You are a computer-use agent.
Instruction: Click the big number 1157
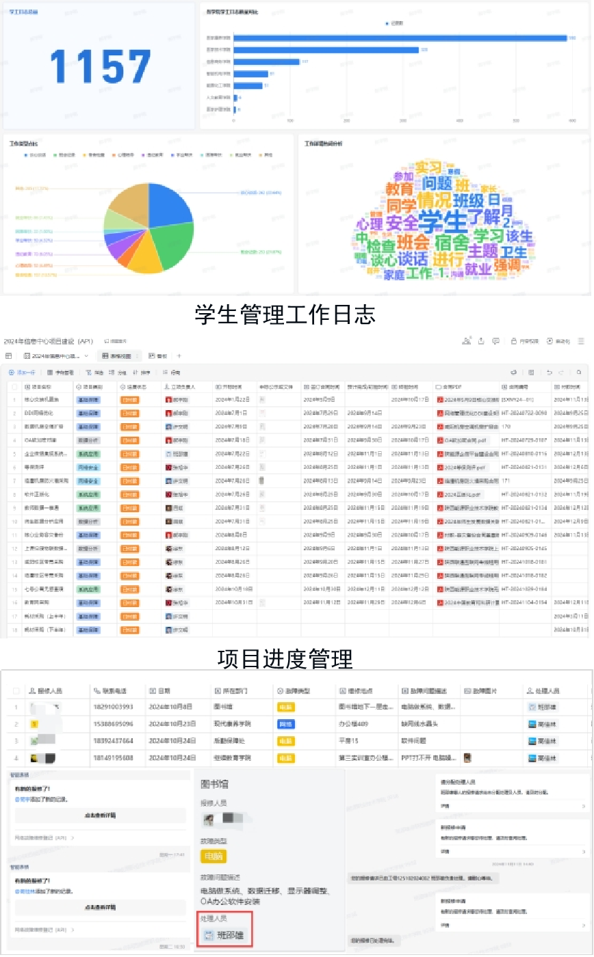(x=100, y=67)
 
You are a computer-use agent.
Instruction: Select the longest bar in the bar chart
(x=400, y=38)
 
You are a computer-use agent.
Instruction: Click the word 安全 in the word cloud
(x=402, y=223)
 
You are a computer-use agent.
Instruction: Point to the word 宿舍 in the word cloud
(x=452, y=242)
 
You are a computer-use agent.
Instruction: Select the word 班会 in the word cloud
(x=413, y=242)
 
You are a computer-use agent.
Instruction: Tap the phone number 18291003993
(x=113, y=707)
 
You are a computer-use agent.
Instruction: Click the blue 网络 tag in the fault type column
(x=285, y=723)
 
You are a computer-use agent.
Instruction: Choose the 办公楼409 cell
(x=354, y=723)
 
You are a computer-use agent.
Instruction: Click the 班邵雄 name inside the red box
(x=229, y=936)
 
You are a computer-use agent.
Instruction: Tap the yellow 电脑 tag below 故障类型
(x=213, y=856)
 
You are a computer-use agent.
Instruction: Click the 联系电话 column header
(x=113, y=690)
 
